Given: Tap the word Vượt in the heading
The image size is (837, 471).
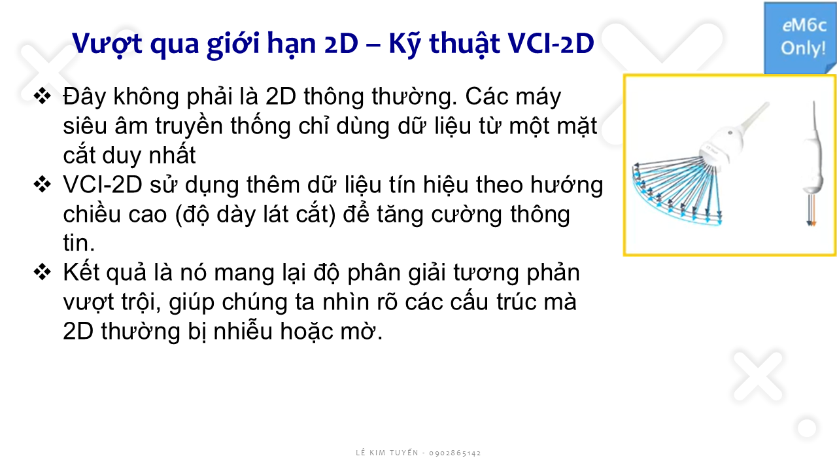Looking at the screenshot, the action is pyautogui.click(x=107, y=44).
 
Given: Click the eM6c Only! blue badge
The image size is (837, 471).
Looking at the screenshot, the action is pyautogui.click(x=800, y=37).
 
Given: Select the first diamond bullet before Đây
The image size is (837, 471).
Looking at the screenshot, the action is pyautogui.click(x=43, y=96).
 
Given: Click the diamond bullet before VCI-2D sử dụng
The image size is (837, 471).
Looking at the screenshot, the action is pyautogui.click(x=43, y=184).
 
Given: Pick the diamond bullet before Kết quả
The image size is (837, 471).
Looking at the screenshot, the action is pyautogui.click(x=43, y=272).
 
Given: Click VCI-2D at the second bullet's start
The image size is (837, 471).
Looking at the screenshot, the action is pyautogui.click(x=103, y=184).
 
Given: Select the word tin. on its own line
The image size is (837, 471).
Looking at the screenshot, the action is pyautogui.click(x=79, y=243).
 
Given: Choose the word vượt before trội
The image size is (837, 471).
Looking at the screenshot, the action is pyautogui.click(x=88, y=303).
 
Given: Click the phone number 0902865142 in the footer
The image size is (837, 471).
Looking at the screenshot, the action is pyautogui.click(x=454, y=453).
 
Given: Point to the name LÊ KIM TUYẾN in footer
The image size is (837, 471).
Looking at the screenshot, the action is pyautogui.click(x=387, y=452).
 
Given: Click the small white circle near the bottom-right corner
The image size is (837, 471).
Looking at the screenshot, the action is pyautogui.click(x=807, y=428).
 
